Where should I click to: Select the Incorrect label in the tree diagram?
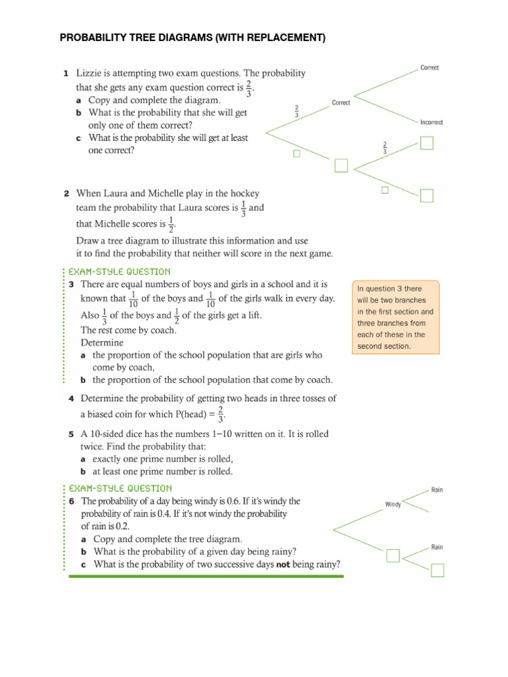pos(431,122)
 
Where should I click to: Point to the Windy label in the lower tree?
pos(394,504)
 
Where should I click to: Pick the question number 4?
pos(70,399)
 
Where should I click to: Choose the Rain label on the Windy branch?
pos(437,490)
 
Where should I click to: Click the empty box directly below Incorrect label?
pos(427,143)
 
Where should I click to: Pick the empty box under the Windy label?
pos(394,555)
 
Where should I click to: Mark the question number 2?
pos(67,194)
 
